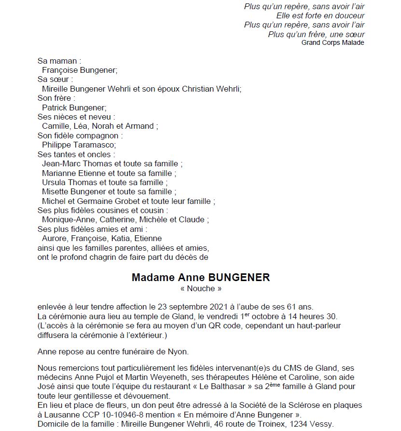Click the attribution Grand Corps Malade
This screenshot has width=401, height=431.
332,42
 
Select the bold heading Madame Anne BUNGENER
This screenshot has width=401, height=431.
201,278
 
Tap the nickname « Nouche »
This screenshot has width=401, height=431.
200,289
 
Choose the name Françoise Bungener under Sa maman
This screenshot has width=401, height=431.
80,70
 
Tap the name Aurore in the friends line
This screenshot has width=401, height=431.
55,238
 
